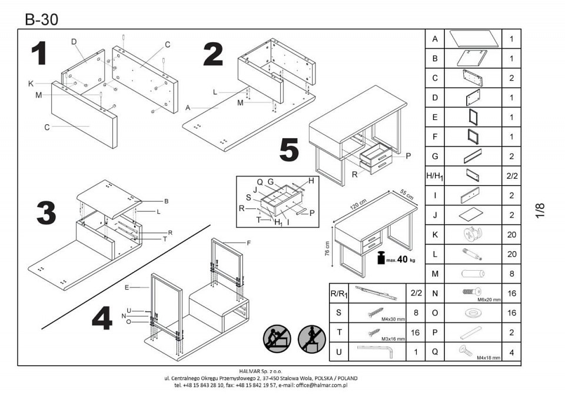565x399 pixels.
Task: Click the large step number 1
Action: tap(39, 54)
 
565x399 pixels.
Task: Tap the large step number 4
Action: tap(102, 319)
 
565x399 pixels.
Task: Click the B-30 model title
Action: tap(41, 19)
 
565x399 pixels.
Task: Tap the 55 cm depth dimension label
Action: tap(407, 193)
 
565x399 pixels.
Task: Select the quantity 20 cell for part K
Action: tap(511, 234)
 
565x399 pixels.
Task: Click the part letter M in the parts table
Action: tap(434, 274)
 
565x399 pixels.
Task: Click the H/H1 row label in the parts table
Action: tap(434, 175)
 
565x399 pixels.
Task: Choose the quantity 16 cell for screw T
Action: tap(415, 332)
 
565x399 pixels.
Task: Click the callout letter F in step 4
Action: tap(248, 242)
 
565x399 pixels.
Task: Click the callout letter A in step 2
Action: tap(187, 108)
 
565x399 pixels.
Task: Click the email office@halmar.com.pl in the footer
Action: tap(321, 385)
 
